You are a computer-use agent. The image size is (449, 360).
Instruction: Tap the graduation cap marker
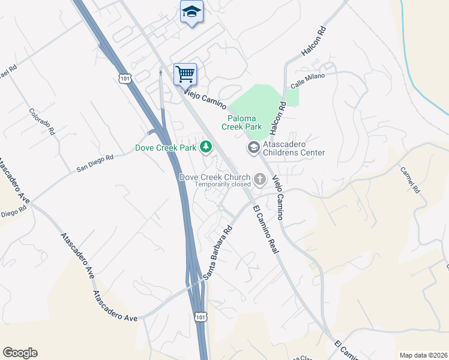[191, 12]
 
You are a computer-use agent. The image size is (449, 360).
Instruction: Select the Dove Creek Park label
[166, 147]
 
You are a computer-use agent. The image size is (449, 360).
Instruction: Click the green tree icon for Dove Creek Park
[206, 146]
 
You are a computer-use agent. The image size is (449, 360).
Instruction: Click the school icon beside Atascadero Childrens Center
[253, 147]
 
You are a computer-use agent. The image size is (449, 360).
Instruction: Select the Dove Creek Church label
[215, 177]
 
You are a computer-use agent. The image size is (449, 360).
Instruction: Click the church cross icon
[260, 178]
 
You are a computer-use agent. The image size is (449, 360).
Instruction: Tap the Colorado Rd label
[42, 121]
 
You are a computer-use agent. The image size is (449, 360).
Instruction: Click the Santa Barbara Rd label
[217, 253]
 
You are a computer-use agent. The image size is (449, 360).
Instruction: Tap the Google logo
[20, 353]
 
